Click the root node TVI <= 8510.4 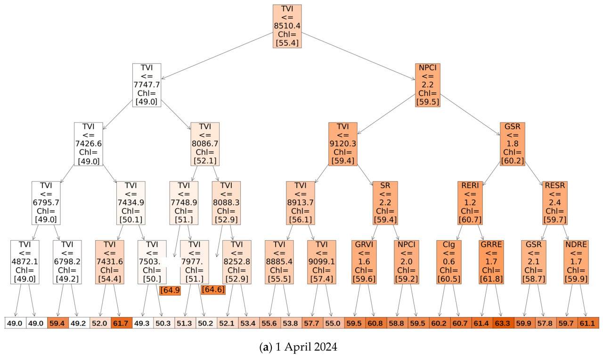tap(287, 26)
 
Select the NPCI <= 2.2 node tap(428, 85)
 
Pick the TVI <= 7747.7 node tap(147, 85)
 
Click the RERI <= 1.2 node tap(470, 203)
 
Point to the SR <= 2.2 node tap(385, 203)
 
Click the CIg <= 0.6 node tap(449, 262)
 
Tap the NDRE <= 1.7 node tap(576, 262)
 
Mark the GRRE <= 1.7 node tap(491, 262)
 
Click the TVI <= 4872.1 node tap(24, 262)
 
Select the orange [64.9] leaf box tap(170, 290)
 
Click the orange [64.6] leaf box tap(213, 289)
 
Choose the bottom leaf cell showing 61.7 tap(122, 323)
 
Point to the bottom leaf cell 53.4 tap(248, 323)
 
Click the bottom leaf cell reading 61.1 tap(588, 323)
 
